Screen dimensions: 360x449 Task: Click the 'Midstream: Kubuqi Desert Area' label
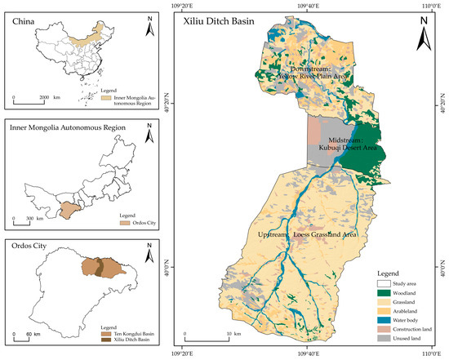[x=344, y=144]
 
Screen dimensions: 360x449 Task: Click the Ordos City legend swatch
[x=101, y=222]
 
